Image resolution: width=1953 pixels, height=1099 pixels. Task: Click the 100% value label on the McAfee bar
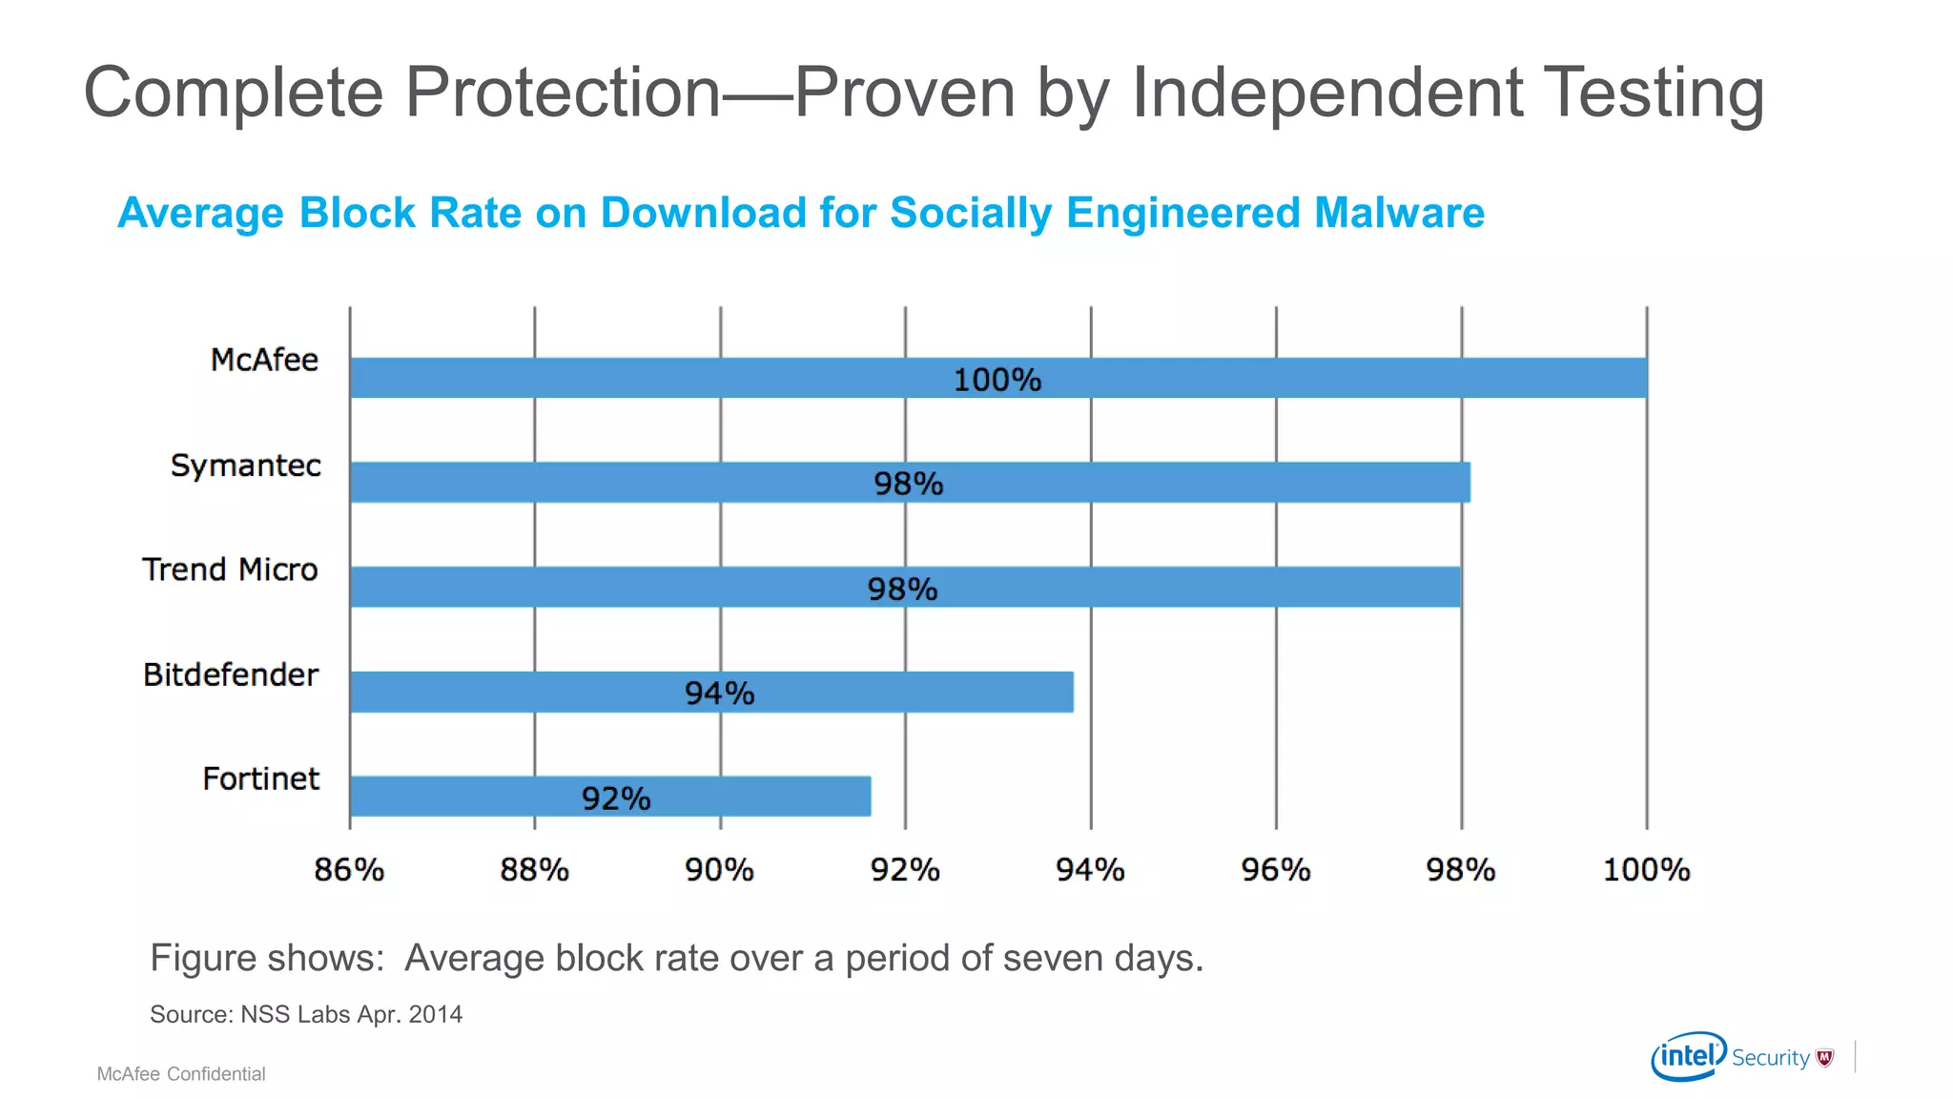tap(997, 380)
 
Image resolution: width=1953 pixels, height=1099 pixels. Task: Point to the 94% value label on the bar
tap(719, 694)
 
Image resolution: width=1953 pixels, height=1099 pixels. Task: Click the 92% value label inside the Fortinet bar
tap(616, 798)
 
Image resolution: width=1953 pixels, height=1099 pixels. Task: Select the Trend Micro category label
tap(230, 570)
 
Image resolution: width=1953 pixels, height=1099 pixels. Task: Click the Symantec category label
tap(245, 466)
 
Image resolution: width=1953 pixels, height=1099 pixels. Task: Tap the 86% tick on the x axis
tap(349, 870)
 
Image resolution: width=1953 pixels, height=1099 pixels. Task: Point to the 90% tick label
tap(719, 870)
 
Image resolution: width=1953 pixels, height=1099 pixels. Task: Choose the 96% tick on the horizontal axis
tap(1275, 870)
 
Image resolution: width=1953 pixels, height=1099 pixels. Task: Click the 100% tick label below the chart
tap(1646, 870)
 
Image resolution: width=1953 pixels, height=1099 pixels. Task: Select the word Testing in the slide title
tap(1653, 93)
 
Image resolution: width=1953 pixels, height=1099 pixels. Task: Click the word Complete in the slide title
tap(234, 93)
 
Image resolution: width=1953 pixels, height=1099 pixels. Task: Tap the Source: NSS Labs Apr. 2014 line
tap(306, 1014)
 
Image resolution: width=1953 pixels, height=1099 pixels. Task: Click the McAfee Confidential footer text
tap(181, 1074)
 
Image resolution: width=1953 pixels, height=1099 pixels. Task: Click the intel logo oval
tap(1689, 1056)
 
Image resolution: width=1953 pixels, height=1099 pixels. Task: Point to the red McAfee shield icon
tap(1825, 1057)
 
